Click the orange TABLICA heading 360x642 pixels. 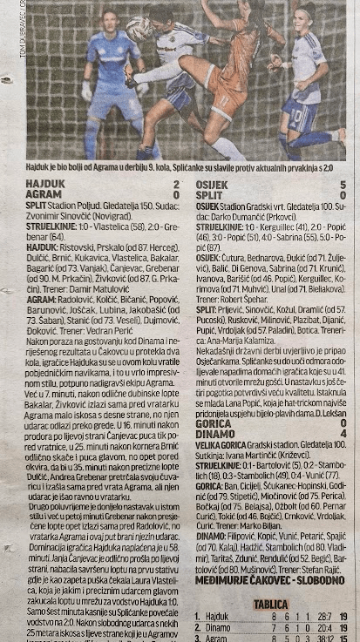270,603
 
